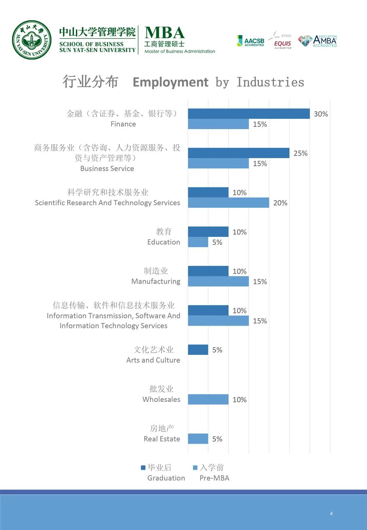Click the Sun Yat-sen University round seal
32,40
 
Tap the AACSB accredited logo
251,41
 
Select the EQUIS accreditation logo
282,41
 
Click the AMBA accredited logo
318,41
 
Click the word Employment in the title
170,82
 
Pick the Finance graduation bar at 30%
249,114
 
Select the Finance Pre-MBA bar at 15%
218,124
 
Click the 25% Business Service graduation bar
239,153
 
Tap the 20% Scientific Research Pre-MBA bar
228,203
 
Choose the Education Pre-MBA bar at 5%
198,242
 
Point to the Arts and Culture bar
198,350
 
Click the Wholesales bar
208,399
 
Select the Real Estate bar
198,439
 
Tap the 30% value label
321,114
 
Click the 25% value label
301,153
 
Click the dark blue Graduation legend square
143,468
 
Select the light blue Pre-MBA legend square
195,468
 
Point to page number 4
331,513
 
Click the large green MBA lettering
165,33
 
